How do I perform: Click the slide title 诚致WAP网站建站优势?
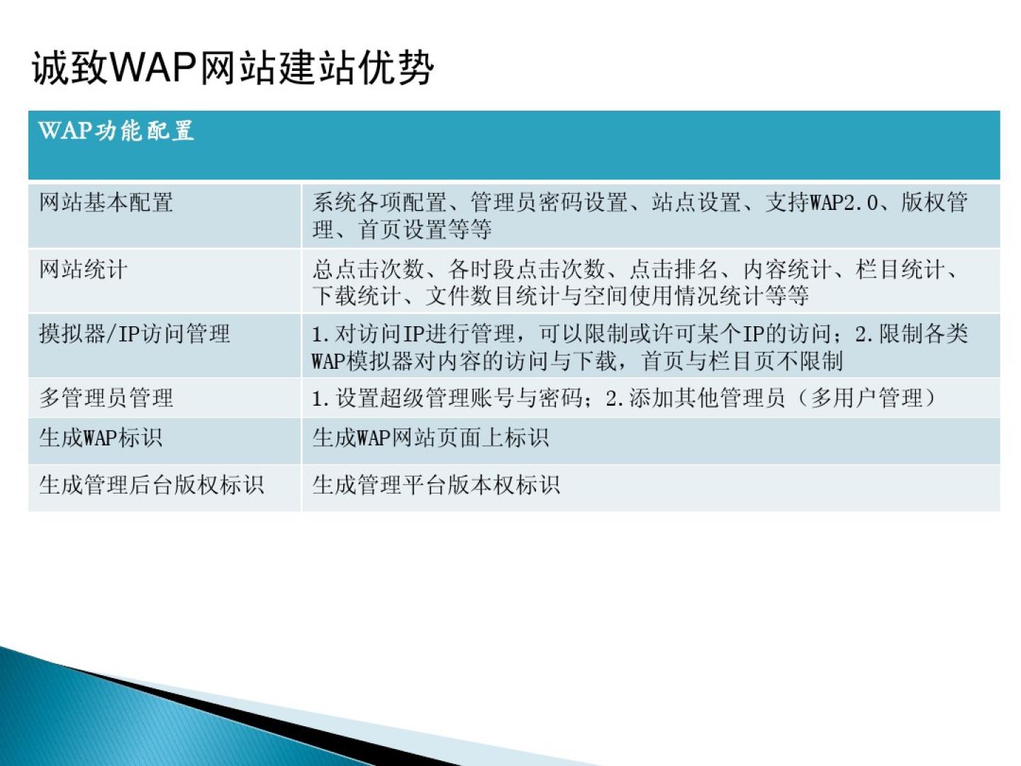tap(233, 68)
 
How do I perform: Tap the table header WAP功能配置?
tap(116, 131)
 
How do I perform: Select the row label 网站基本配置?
tap(106, 203)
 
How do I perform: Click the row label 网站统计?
tap(83, 270)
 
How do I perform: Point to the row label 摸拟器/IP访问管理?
tap(135, 334)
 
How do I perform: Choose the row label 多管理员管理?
tap(106, 398)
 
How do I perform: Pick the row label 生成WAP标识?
tap(101, 438)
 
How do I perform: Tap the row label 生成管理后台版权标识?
tap(152, 484)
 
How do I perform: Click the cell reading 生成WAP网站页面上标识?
tap(430, 438)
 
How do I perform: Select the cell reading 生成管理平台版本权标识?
tap(436, 484)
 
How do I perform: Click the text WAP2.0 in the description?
tap(844, 203)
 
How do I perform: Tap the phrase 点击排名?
tap(674, 270)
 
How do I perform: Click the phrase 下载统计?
tap(357, 296)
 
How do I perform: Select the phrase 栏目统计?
tap(900, 270)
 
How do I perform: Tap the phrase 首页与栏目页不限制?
tap(742, 361)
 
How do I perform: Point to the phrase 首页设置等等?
tap(425, 229)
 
